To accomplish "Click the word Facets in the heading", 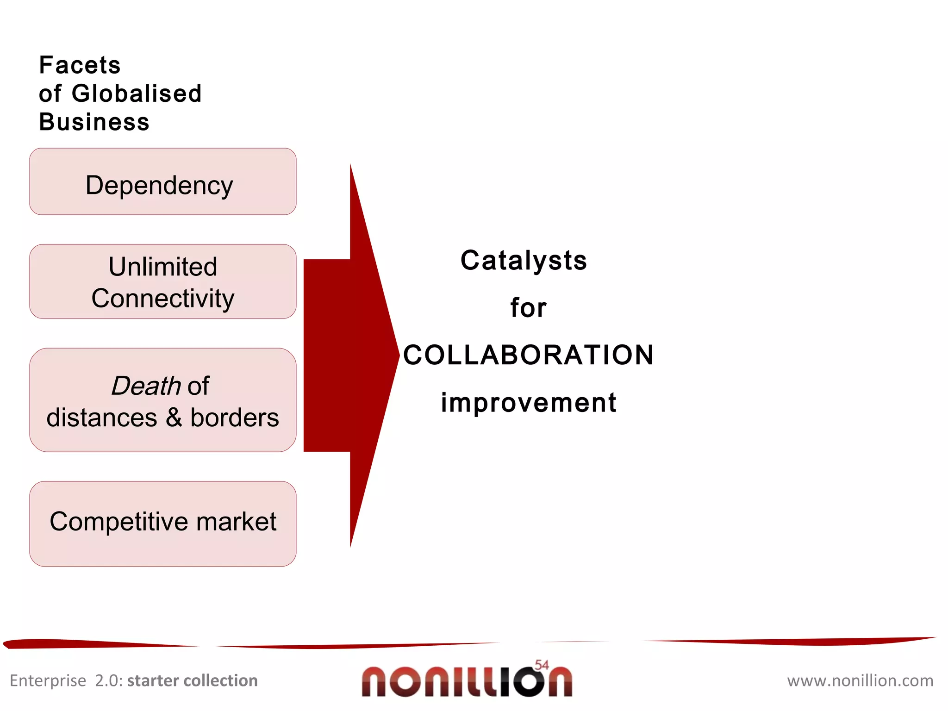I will (x=80, y=65).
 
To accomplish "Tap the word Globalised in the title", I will (x=137, y=94).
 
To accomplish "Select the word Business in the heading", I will (x=94, y=122).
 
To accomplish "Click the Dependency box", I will (x=162, y=181).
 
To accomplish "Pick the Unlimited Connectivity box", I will (x=162, y=281).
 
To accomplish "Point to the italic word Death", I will (x=146, y=386).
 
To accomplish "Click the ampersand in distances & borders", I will (x=174, y=418).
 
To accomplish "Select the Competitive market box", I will (x=162, y=524).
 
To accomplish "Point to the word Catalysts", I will (x=524, y=260).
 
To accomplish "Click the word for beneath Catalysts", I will (x=528, y=308).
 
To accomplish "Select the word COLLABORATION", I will (x=528, y=355).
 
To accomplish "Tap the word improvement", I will (x=528, y=402).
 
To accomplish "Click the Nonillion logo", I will (x=467, y=681).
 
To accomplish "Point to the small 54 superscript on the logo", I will (x=542, y=665).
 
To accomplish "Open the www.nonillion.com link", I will (x=860, y=680).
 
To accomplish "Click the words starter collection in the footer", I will (x=192, y=680).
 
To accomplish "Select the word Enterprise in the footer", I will (x=48, y=680).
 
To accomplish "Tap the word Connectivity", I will (x=162, y=298).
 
